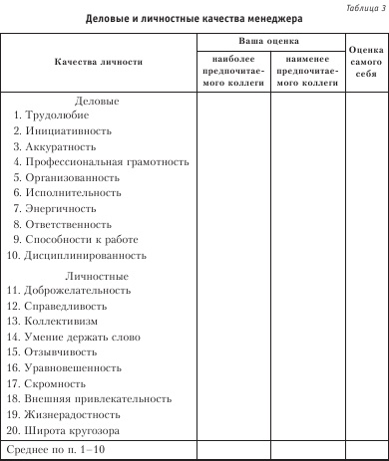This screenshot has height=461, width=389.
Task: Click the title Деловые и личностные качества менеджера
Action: point(194,19)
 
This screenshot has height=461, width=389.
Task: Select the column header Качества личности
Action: point(99,62)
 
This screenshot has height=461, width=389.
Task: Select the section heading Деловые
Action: point(98,101)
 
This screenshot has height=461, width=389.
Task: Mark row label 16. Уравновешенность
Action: point(67,367)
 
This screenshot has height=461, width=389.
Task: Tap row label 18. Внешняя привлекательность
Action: point(87,398)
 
